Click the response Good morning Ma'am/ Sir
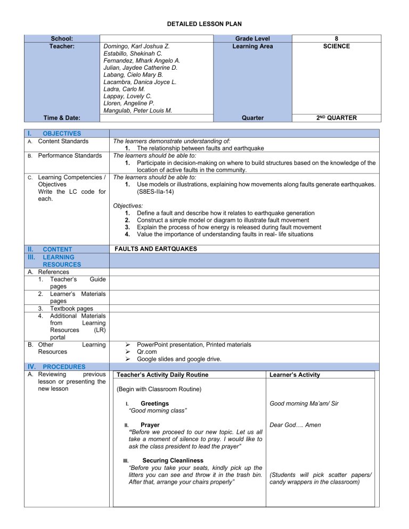click(304, 404)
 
